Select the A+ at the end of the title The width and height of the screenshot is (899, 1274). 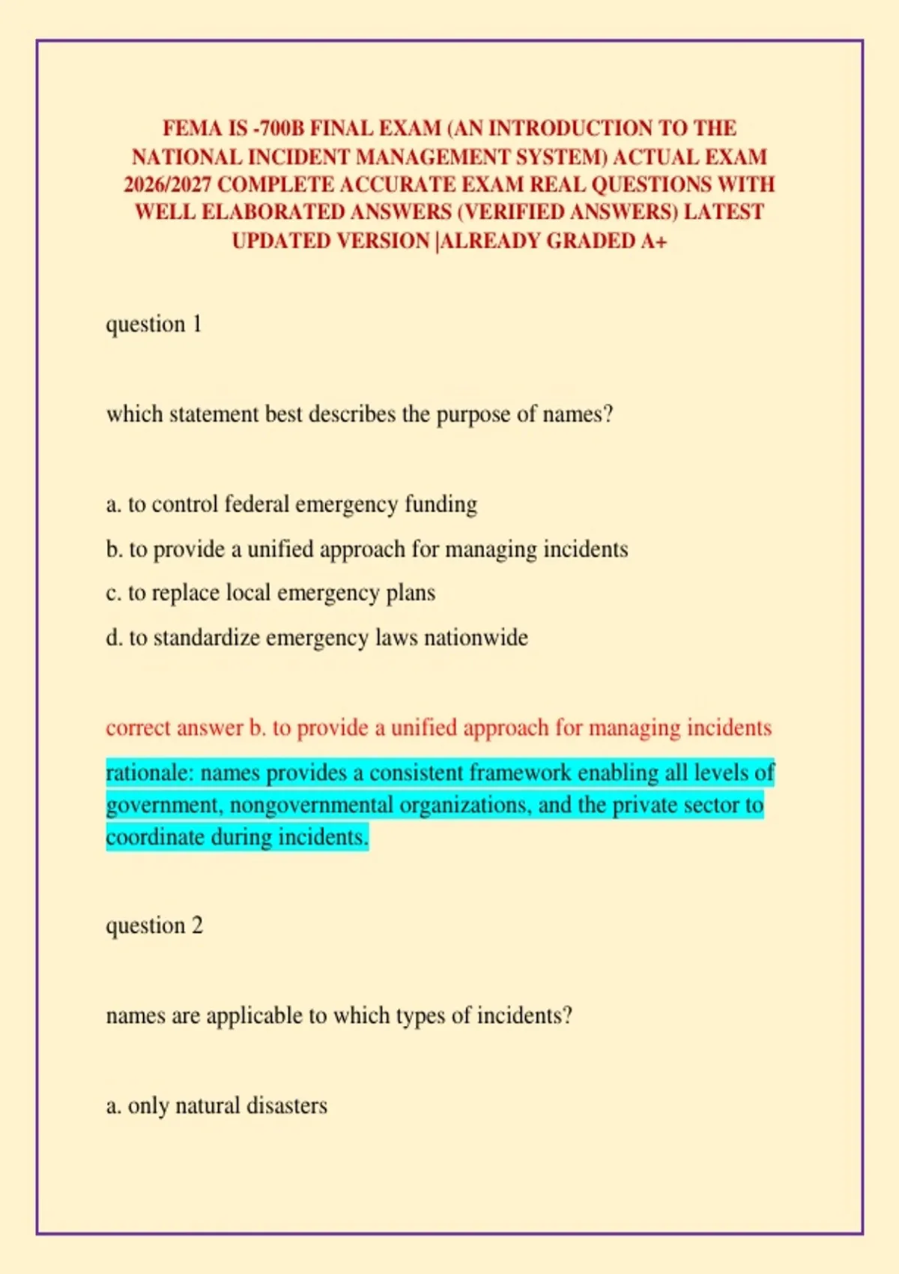pyautogui.click(x=653, y=241)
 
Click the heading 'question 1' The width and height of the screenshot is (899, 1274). pyautogui.click(x=154, y=324)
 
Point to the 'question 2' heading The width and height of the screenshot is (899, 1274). pyautogui.click(x=154, y=926)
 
